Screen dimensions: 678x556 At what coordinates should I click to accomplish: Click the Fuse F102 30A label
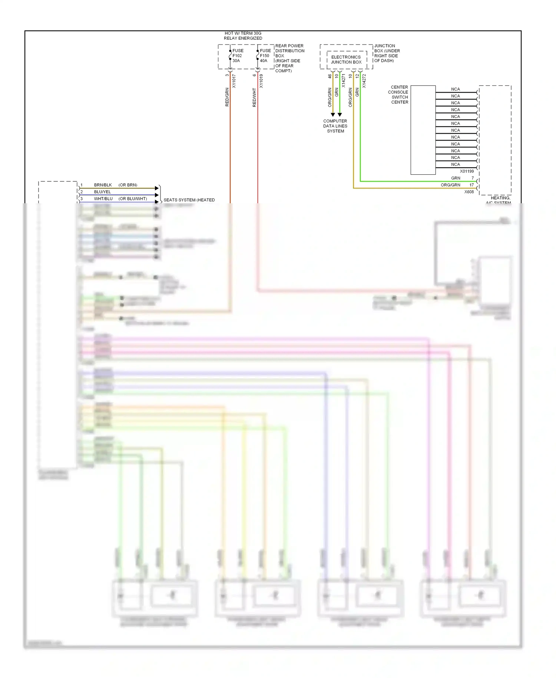click(238, 56)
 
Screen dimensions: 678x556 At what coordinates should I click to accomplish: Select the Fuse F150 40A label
click(265, 56)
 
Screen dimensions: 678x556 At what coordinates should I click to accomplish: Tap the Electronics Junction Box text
click(346, 60)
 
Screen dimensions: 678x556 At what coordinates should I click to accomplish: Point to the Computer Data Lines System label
click(335, 126)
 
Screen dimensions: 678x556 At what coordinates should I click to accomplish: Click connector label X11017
click(234, 81)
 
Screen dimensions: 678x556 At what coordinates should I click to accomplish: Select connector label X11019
click(261, 81)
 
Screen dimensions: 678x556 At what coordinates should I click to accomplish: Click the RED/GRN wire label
click(227, 97)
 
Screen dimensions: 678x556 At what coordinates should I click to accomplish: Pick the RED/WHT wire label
click(254, 98)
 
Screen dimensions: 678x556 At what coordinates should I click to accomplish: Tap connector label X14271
click(344, 81)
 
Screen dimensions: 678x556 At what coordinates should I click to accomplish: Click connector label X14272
click(364, 81)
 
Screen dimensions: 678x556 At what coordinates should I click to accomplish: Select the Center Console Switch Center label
click(398, 95)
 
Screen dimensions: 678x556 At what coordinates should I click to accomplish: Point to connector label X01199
click(467, 171)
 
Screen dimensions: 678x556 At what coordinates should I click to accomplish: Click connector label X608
click(469, 192)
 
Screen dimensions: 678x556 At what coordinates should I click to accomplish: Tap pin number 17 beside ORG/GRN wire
click(471, 185)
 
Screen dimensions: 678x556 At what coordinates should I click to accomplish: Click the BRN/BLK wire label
click(103, 185)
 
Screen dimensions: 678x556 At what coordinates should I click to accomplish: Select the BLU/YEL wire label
click(102, 192)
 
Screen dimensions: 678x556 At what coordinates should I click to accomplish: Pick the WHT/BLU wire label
click(103, 199)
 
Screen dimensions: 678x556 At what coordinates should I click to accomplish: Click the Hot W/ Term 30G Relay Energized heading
click(243, 36)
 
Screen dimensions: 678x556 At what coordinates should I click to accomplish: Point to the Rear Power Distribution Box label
click(289, 58)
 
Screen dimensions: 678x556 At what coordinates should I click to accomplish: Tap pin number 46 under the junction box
click(330, 76)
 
